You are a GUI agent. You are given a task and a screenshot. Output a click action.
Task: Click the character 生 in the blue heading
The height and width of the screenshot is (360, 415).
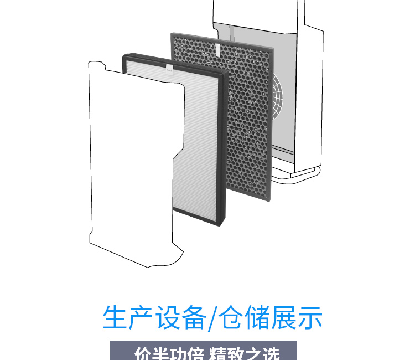pyautogui.click(x=115, y=317)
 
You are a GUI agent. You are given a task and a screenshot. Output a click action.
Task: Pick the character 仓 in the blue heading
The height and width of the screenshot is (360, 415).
pyautogui.click(x=232, y=317)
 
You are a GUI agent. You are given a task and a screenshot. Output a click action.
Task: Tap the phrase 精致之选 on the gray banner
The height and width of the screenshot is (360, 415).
pyautogui.click(x=243, y=354)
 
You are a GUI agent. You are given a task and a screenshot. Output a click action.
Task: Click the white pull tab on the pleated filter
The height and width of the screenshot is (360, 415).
pyautogui.click(x=169, y=69)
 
